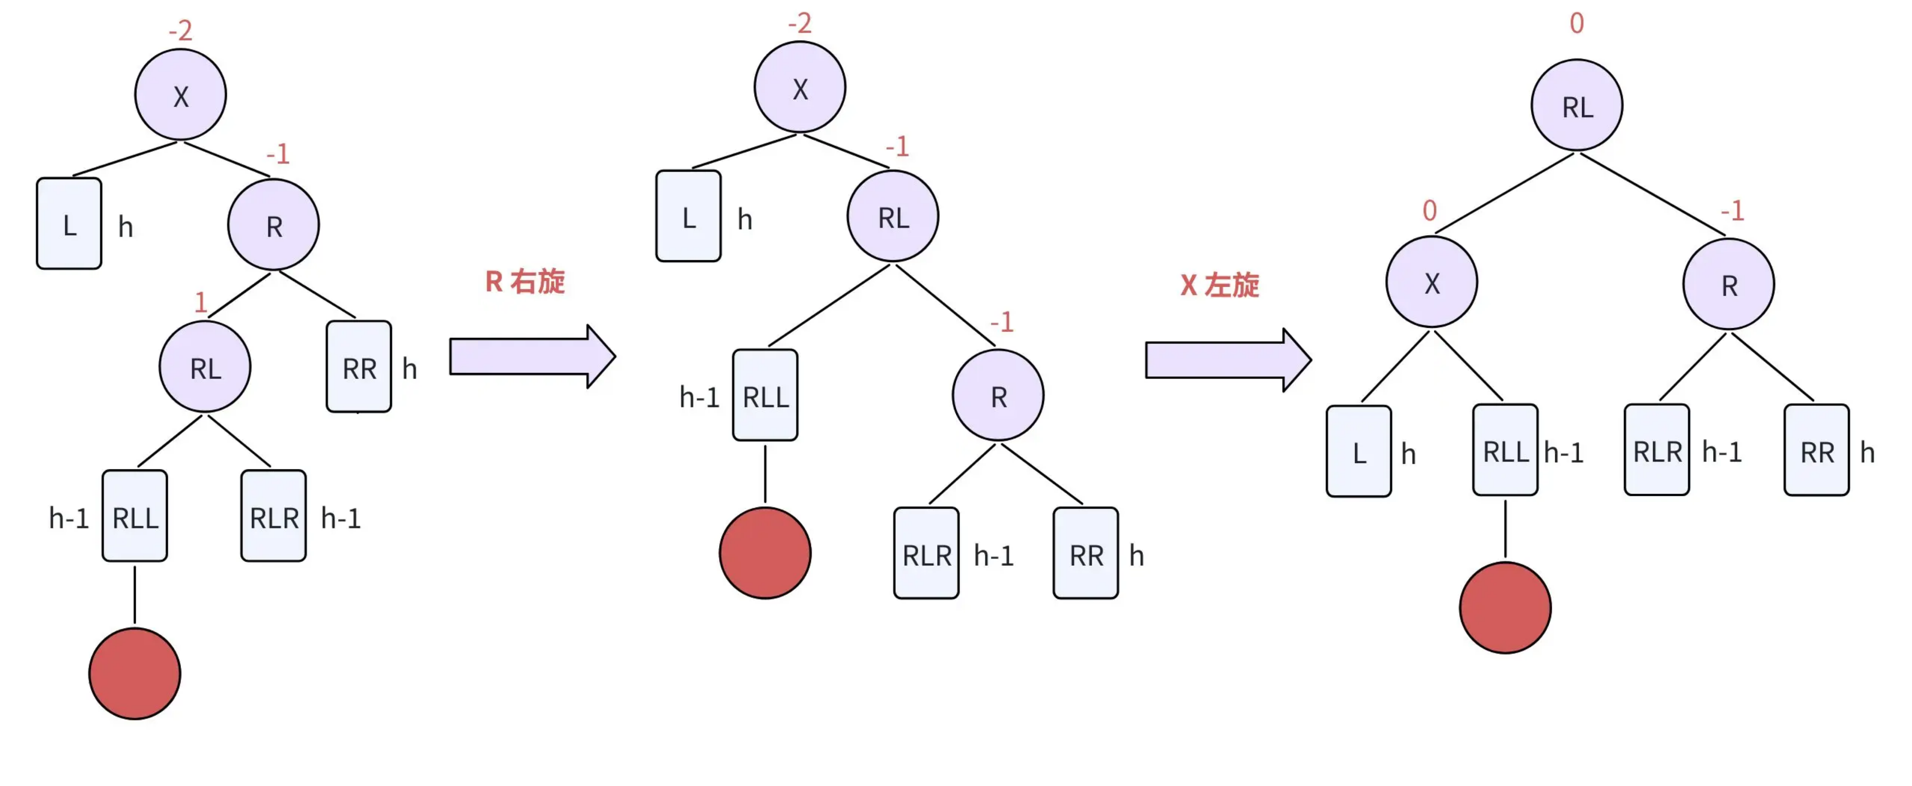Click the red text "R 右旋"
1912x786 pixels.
(x=525, y=281)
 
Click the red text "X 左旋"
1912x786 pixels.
(x=1219, y=285)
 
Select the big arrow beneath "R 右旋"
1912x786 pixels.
(x=532, y=356)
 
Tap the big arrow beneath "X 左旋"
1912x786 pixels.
(x=1228, y=360)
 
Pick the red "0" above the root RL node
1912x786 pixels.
(x=1577, y=23)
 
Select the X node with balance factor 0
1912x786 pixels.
(x=1432, y=282)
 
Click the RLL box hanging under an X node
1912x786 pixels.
(x=1505, y=450)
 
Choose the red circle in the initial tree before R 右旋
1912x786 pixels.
(x=134, y=674)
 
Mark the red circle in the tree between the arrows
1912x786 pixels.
(x=765, y=553)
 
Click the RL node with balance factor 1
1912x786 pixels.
(x=205, y=367)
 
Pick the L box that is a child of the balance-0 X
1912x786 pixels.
(x=1359, y=451)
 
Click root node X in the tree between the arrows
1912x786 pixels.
(x=799, y=87)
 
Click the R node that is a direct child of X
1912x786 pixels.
(x=273, y=224)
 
